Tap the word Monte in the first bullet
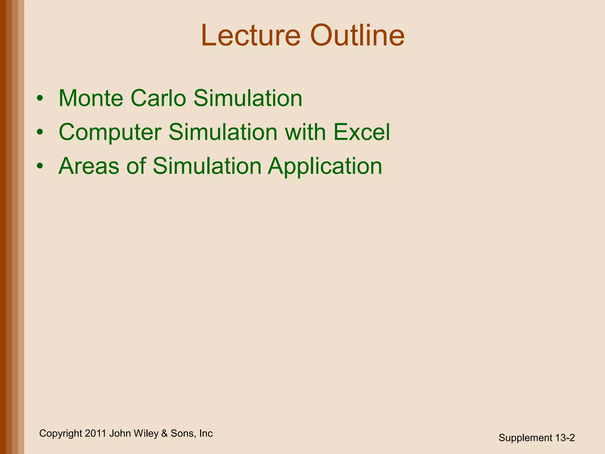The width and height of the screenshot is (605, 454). (x=91, y=98)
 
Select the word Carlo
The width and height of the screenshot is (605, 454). (x=158, y=98)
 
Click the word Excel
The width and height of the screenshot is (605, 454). (x=362, y=132)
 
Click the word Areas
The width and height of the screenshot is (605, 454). (x=89, y=166)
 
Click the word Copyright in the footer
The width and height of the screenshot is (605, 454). (x=61, y=434)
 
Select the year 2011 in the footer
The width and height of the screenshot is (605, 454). (x=95, y=433)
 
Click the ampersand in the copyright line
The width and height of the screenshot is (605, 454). (x=164, y=433)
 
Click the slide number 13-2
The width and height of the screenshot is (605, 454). (x=565, y=438)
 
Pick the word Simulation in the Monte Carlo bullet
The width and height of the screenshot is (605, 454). (x=248, y=98)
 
